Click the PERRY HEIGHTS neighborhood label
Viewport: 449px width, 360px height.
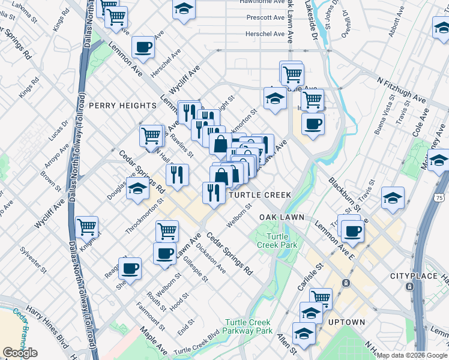[122, 106]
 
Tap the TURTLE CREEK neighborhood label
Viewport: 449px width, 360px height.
[259, 195]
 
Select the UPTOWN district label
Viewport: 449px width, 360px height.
[347, 322]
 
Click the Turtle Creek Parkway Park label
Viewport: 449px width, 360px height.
[247, 326]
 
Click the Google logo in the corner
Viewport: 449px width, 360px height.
[19, 353]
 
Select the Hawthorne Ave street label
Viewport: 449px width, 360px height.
[262, 2]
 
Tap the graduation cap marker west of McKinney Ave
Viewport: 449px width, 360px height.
[393, 197]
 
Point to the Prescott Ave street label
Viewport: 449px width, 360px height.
[265, 18]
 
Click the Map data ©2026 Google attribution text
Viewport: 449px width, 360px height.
[412, 355]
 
